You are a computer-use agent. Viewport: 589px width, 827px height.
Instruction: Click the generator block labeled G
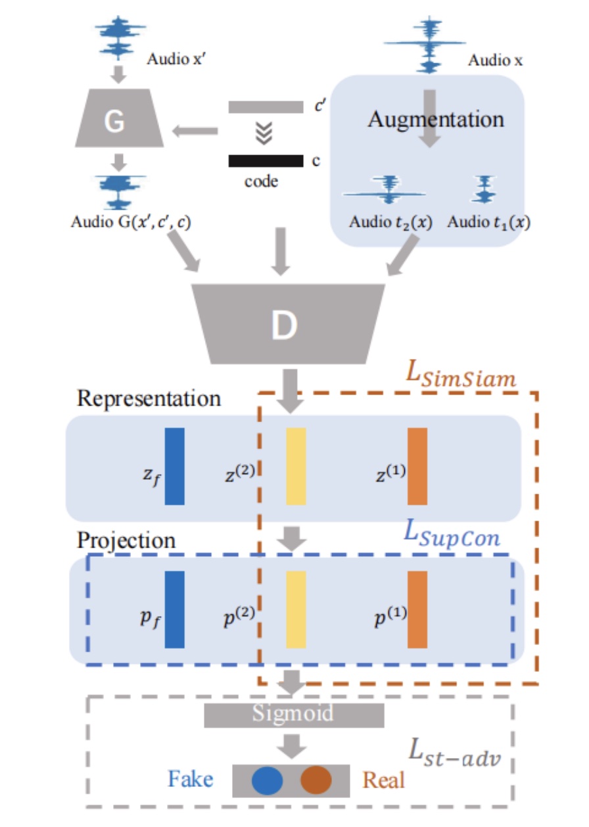coord(115,122)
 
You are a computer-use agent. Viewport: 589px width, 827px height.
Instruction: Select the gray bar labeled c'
coord(266,107)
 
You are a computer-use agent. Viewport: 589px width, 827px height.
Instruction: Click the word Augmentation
coord(436,120)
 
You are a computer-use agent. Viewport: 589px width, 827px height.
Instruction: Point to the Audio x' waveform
coord(119,36)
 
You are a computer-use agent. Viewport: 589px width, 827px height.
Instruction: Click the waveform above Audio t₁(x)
coord(485,189)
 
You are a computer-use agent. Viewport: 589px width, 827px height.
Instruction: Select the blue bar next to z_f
coord(175,466)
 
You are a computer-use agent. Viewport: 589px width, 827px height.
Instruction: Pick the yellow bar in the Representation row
coord(296,466)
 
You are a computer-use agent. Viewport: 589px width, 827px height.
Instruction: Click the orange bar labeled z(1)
coord(417,466)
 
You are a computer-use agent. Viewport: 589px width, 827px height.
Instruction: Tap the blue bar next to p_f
coord(175,609)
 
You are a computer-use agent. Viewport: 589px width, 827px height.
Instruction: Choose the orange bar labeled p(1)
coord(417,609)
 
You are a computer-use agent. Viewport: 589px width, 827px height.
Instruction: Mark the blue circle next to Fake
coord(267,780)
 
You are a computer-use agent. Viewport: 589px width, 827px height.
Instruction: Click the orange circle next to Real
coord(316,780)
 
